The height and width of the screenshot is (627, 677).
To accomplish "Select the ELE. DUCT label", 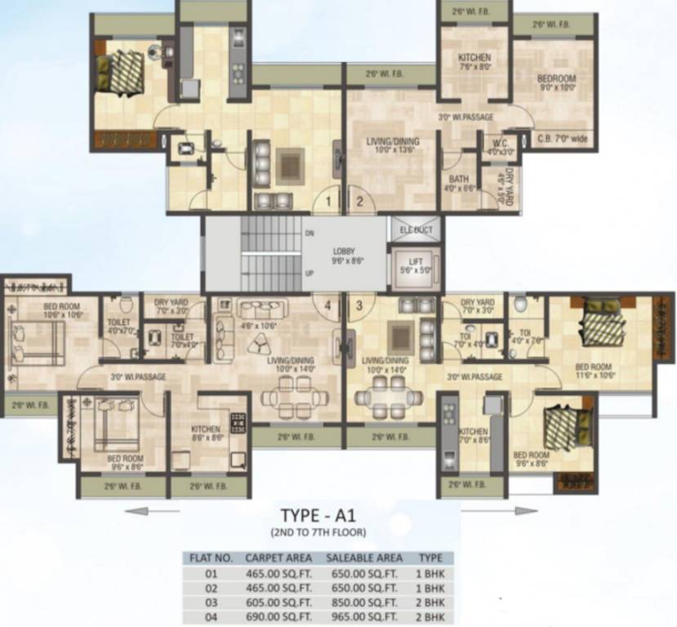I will pos(416,230).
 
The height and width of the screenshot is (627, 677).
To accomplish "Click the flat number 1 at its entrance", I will pos(327,198).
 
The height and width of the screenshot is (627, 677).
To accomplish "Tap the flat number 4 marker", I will pos(328,306).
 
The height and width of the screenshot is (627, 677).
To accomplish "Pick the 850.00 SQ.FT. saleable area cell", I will pos(364,603).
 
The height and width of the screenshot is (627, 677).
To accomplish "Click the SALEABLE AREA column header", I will pos(364,558).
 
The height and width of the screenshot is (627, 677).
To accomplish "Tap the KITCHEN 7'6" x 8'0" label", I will pos(474,63).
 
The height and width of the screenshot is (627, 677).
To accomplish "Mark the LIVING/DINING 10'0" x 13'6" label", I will pos(390,145).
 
